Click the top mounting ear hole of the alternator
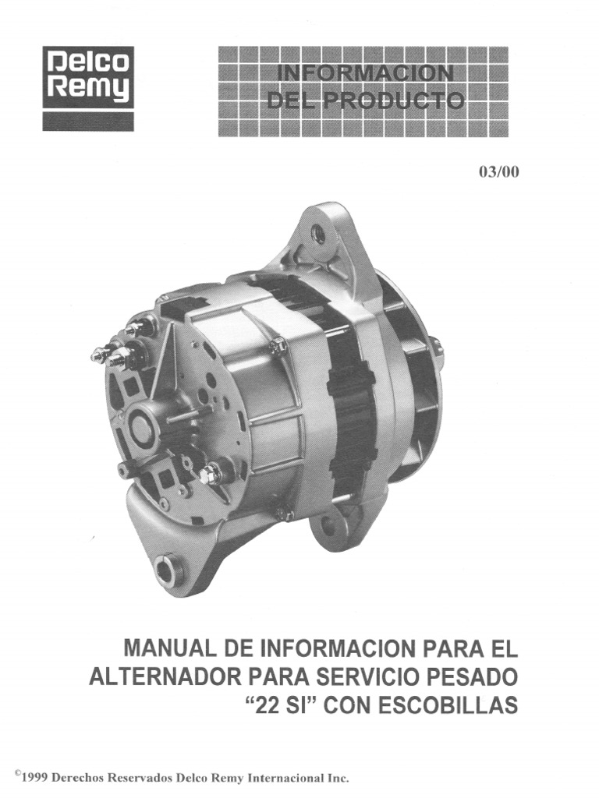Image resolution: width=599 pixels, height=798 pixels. tap(318, 232)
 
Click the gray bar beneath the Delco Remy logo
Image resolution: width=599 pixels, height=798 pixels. tap(88, 121)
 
